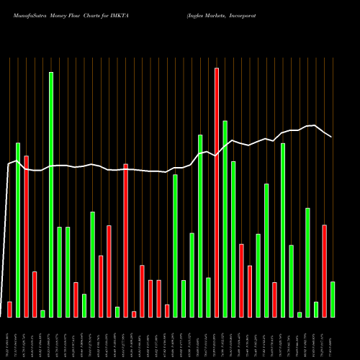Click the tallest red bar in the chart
click(217, 192)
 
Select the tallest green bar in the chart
click(51, 194)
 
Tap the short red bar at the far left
click(9, 309)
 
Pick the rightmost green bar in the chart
click(333, 299)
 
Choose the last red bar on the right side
click(324, 271)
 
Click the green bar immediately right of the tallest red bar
click(225, 218)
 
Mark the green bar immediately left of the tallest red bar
click(208, 297)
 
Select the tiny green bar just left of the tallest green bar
click(42, 313)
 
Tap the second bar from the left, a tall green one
click(18, 230)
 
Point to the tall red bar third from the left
click(26, 236)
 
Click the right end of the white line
click(331, 137)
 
